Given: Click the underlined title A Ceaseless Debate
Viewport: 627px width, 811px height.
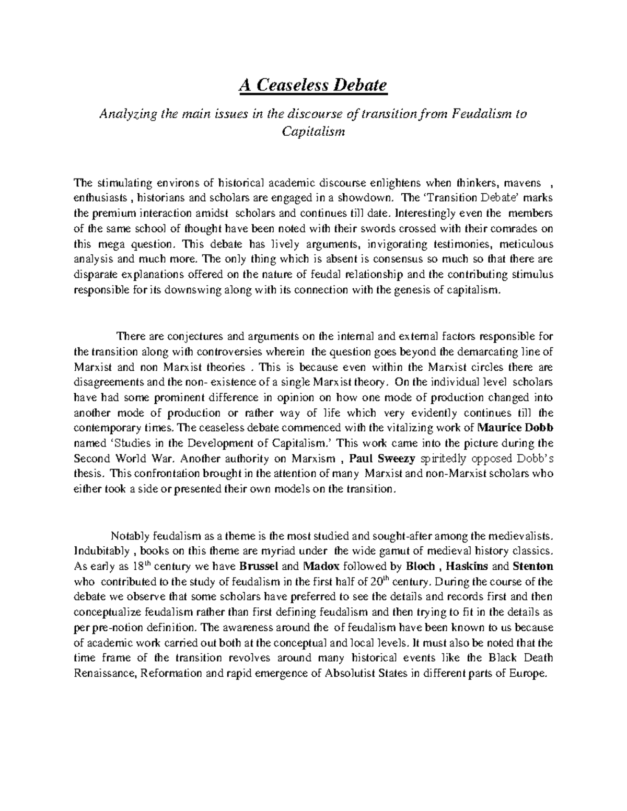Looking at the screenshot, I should [x=313, y=85].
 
